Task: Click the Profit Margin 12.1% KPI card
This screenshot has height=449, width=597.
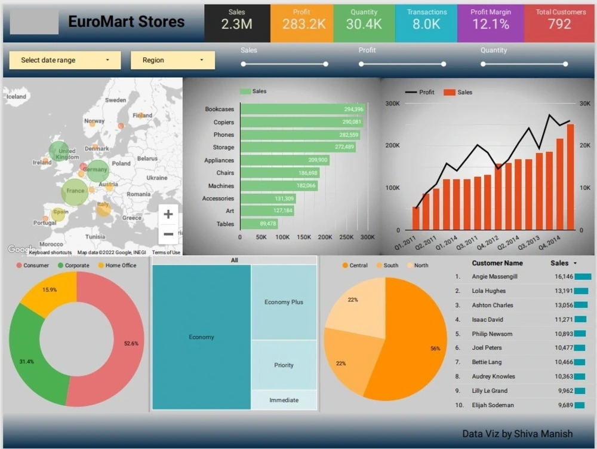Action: (x=490, y=23)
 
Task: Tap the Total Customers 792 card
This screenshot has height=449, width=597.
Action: (x=560, y=23)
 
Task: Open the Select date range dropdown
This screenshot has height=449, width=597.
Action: (x=65, y=60)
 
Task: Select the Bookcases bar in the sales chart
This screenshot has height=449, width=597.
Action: (x=302, y=109)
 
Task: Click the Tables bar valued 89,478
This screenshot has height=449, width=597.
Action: (x=259, y=224)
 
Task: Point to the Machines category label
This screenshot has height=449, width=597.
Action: (x=221, y=186)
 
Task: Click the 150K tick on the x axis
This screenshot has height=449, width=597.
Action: (x=304, y=237)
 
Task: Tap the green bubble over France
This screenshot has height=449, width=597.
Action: (x=75, y=192)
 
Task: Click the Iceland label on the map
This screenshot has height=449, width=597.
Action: (x=16, y=96)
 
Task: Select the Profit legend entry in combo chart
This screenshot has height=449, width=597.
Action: (x=420, y=92)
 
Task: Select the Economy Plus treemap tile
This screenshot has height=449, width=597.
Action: (x=284, y=302)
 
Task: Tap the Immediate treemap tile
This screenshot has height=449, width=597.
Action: (x=284, y=400)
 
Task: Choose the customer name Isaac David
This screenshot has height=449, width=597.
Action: (x=487, y=320)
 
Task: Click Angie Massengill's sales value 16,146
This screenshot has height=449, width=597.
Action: (x=564, y=277)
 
